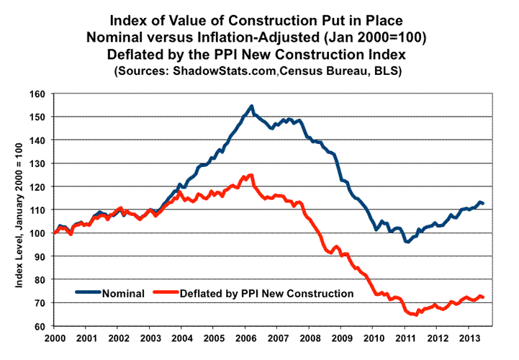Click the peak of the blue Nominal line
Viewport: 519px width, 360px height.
tap(251, 107)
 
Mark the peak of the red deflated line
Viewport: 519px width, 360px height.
tap(251, 175)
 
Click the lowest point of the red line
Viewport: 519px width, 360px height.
tap(416, 315)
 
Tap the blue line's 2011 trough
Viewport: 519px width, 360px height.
tap(407, 242)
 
